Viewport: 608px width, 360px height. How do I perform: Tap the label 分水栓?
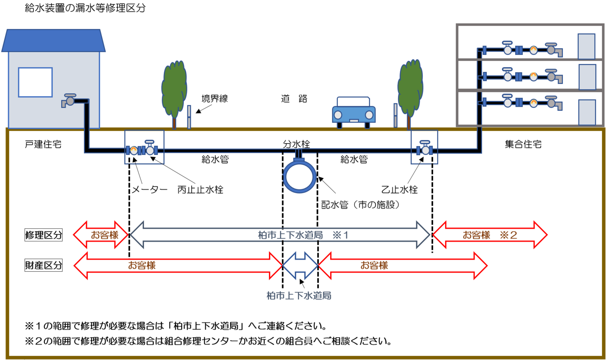pos(296,144)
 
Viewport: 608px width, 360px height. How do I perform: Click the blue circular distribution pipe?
pos(299,177)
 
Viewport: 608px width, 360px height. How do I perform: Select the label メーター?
pos(149,190)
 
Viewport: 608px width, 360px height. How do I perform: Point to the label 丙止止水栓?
pos(200,190)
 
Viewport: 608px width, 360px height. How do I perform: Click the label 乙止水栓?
pos(399,190)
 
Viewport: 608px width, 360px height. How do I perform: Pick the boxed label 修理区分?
pos(43,235)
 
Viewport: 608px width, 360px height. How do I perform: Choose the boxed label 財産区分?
pos(43,265)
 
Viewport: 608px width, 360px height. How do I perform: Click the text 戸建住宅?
pos(43,144)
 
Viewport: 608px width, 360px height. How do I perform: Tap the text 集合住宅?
pos(523,144)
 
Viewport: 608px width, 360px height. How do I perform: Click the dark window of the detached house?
pos(35,82)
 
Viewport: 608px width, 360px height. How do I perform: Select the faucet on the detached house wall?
pos(69,100)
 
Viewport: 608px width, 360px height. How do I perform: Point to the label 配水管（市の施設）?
pos(361,205)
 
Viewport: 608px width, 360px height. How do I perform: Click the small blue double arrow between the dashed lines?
pos(300,265)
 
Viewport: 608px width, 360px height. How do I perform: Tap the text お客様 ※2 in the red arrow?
pos(490,235)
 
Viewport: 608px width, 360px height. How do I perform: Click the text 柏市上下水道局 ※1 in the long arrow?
pos(303,235)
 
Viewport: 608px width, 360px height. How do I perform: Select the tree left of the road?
pos(174,91)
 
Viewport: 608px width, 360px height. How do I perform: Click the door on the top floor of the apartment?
pos(586,46)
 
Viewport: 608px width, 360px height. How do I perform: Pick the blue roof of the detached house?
pos(53,41)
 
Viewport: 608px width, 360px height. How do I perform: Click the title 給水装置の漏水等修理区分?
pos(85,8)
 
